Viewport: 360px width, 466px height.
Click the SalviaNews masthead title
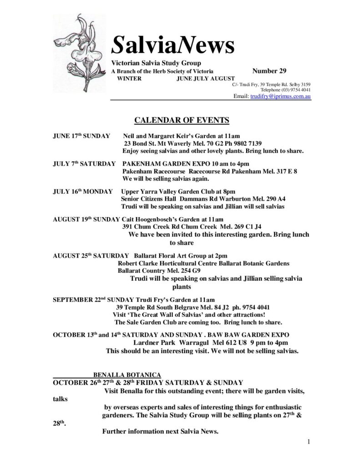coord(173,46)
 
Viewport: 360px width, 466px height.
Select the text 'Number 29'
coord(269,71)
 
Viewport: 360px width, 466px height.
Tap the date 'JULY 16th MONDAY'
coord(82,192)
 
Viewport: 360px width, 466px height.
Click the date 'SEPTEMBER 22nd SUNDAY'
coord(93,300)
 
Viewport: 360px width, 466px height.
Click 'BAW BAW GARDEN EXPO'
coord(265,335)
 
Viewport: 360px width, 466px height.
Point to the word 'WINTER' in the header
coord(130,78)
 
